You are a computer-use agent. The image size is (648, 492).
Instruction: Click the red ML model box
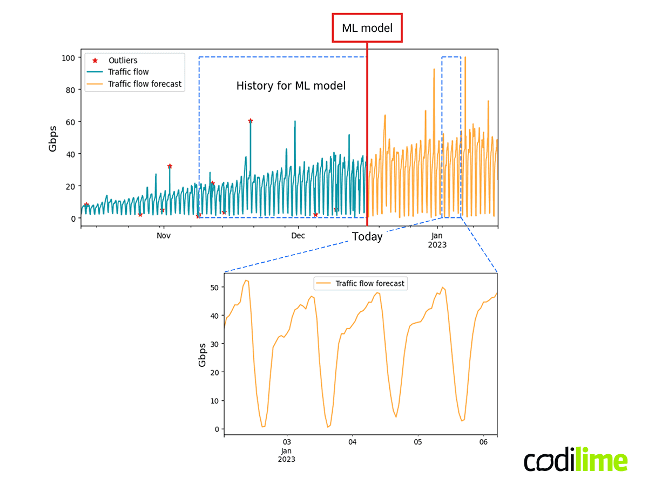[x=367, y=28]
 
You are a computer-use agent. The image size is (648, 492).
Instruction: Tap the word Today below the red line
[x=367, y=237]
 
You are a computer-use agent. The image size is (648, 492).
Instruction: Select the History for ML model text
[x=291, y=86]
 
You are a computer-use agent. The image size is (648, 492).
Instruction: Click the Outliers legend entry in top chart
[x=123, y=60]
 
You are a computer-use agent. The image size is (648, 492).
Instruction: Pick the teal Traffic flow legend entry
[x=128, y=72]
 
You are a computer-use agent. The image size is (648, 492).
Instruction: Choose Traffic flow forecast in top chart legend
[x=144, y=84]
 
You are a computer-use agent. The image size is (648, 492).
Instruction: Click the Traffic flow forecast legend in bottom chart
[x=369, y=283]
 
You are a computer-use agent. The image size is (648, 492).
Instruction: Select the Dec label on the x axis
[x=298, y=236]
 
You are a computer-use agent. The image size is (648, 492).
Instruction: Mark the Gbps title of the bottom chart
[x=202, y=354]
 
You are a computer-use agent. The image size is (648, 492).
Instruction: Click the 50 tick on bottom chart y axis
[x=214, y=287]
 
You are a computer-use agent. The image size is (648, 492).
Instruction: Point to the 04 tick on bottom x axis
[x=352, y=442]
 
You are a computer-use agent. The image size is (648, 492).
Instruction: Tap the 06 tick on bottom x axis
[x=483, y=442]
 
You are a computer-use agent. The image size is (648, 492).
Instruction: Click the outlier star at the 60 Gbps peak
[x=251, y=121]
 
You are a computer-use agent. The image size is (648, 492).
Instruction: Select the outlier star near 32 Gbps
[x=170, y=166]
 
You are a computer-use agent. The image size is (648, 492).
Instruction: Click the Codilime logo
[x=576, y=462]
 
